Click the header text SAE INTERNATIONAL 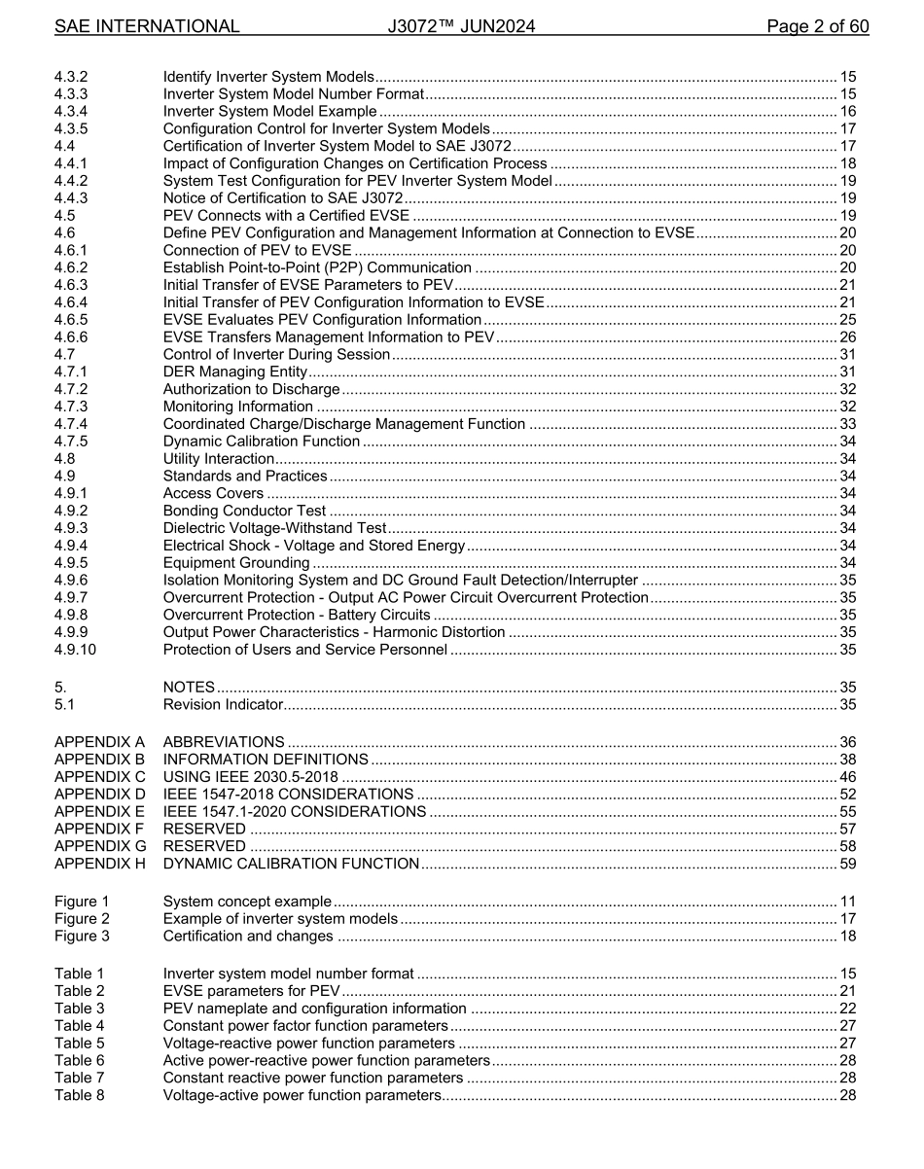point(146,26)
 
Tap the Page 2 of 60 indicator point(817,26)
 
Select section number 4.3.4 point(71,112)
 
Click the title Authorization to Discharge point(251,389)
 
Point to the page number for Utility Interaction point(847,459)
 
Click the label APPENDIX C point(100,777)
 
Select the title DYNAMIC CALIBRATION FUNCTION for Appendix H point(291,864)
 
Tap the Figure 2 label point(82,919)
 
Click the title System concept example point(247,902)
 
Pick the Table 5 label point(79,1044)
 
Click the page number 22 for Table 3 point(847,1009)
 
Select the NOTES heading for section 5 point(189,688)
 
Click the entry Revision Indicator point(223,705)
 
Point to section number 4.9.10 point(75,650)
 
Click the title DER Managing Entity point(234,372)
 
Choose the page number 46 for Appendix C point(847,777)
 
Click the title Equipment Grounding point(236,563)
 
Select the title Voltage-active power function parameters point(302,1096)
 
